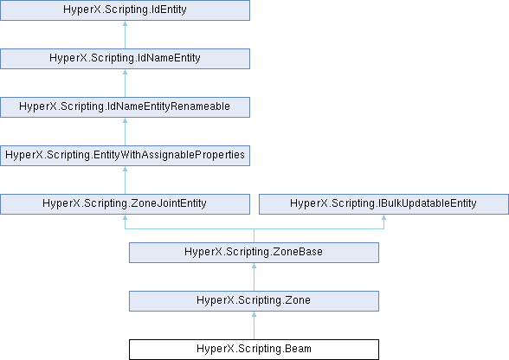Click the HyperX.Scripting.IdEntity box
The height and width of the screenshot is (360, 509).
pyautogui.click(x=125, y=10)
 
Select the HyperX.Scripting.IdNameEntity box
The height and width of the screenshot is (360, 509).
pyautogui.click(x=125, y=59)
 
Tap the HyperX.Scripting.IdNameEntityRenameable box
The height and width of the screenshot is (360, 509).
pyautogui.click(x=125, y=107)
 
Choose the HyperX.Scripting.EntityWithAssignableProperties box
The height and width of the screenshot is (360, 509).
pyautogui.click(x=125, y=156)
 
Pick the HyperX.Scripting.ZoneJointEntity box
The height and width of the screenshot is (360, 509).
pyautogui.click(x=125, y=204)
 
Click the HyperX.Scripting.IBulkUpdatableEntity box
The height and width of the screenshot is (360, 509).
pyautogui.click(x=383, y=204)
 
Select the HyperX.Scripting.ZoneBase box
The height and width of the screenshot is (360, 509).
pyautogui.click(x=254, y=253)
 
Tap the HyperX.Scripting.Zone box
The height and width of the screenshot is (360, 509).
pyautogui.click(x=254, y=301)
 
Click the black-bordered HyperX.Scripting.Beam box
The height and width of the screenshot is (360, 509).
pyautogui.click(x=254, y=350)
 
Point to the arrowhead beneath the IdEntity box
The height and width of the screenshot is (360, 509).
pyautogui.click(x=125, y=23)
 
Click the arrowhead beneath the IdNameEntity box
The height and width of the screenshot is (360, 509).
pyautogui.click(x=125, y=72)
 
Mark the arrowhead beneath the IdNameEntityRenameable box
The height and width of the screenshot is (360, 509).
pyautogui.click(x=125, y=120)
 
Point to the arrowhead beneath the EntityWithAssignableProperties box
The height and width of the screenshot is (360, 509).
pyautogui.click(x=125, y=169)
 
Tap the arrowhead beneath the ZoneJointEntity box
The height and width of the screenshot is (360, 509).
pyautogui.click(x=125, y=217)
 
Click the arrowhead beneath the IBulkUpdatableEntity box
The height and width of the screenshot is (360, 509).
pyautogui.click(x=383, y=217)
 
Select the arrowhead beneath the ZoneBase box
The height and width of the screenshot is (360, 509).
pyautogui.click(x=254, y=266)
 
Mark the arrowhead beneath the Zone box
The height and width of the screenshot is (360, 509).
pyautogui.click(x=254, y=314)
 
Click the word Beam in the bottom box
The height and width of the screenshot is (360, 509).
pyautogui.click(x=298, y=349)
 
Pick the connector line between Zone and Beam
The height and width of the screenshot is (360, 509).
pyautogui.click(x=254, y=325)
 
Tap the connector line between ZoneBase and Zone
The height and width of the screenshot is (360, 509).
pyautogui.click(x=254, y=277)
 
